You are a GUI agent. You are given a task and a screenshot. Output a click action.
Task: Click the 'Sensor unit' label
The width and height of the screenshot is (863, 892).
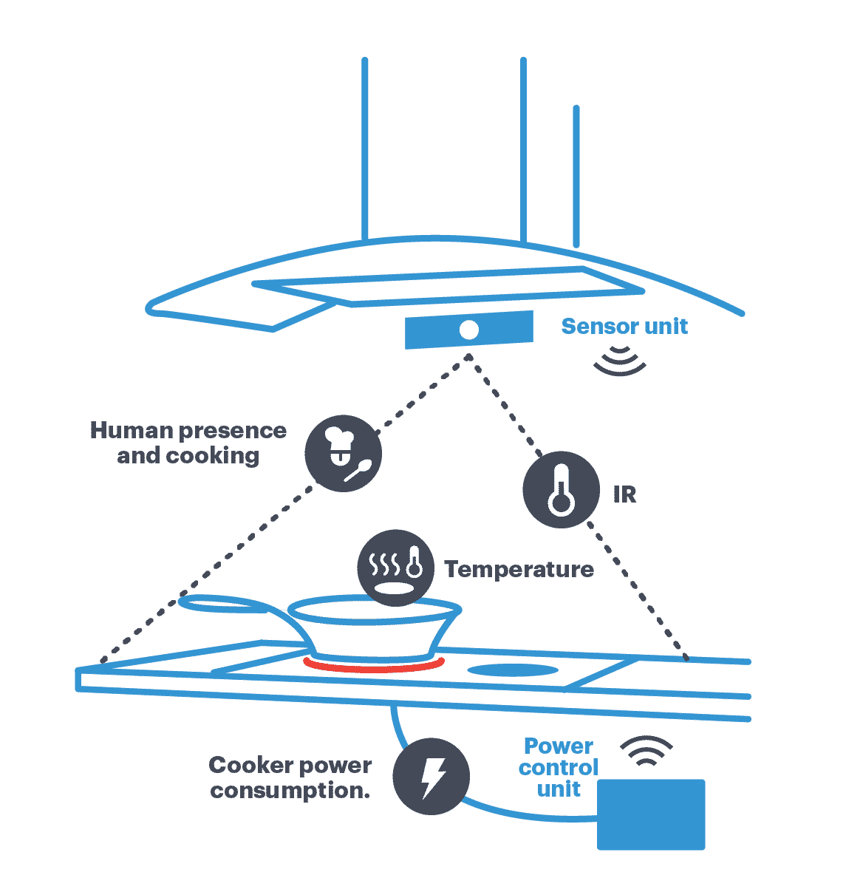624,326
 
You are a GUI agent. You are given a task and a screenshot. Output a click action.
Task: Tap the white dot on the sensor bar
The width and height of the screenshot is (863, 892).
468,330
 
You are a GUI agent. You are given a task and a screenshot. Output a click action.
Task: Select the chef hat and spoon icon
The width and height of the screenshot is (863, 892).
343,453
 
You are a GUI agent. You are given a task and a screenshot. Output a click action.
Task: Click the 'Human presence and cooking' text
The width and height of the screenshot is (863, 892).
188,443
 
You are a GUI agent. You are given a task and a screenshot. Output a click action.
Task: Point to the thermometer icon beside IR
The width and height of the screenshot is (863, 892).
561,489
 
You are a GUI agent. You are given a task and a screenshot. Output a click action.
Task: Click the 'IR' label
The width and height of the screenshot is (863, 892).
624,494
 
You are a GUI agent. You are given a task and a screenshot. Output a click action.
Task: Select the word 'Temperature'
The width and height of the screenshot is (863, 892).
519,569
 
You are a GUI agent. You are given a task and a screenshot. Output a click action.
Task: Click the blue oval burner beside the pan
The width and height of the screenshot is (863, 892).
513,670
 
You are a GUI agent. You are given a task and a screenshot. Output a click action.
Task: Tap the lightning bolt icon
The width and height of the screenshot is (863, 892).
431,776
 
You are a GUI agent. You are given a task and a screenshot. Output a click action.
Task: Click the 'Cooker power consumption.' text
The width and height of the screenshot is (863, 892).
290,777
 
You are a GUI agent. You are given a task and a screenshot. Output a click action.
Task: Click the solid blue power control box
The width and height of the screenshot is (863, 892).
651,814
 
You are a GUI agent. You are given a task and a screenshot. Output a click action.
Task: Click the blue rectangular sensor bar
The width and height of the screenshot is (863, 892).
502,330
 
